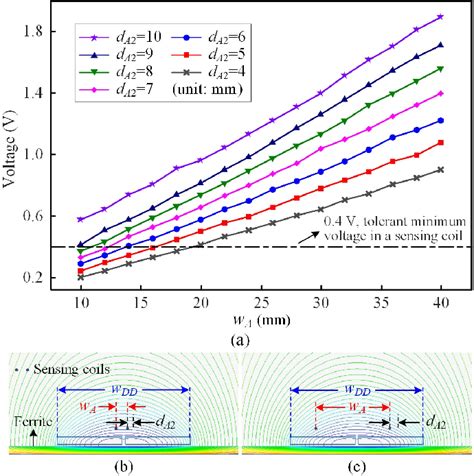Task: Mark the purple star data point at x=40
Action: tap(440, 17)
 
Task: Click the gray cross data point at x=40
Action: tap(440, 170)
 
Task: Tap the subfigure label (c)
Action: tap(355, 465)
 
